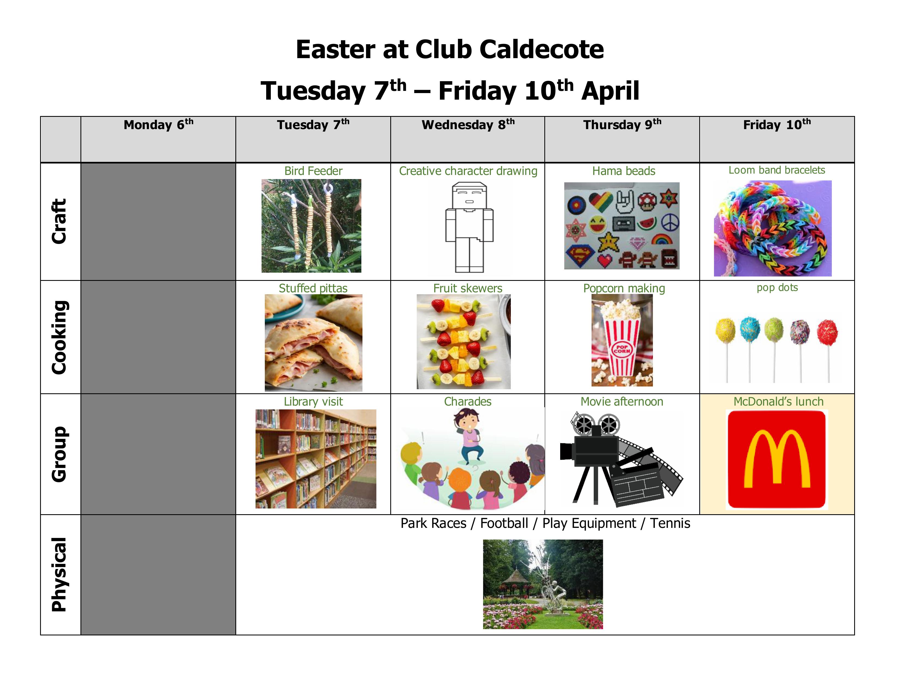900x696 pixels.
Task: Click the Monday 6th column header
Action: tap(158, 124)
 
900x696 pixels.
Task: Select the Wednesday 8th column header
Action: tap(468, 124)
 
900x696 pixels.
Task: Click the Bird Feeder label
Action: tap(313, 171)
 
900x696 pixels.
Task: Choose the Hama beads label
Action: tap(623, 171)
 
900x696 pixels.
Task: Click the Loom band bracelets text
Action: tap(777, 170)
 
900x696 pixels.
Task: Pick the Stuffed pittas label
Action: tap(313, 288)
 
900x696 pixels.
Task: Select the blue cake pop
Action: tap(750, 329)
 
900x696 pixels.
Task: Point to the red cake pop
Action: tap(827, 332)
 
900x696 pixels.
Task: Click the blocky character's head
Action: tap(469, 196)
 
